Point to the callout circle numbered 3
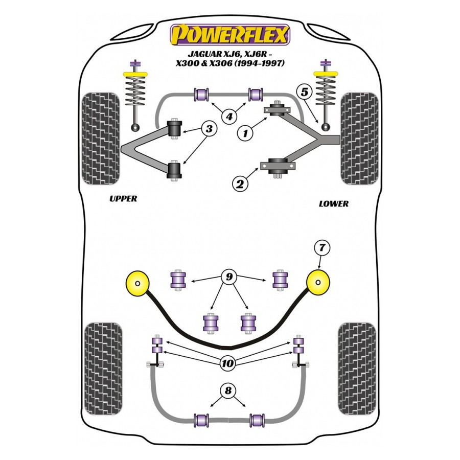(x=209, y=129)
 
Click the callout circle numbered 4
(x=229, y=117)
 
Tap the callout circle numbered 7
(x=322, y=248)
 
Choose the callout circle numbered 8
(x=228, y=392)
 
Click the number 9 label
(x=229, y=278)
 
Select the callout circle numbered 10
(x=228, y=363)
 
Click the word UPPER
(x=123, y=198)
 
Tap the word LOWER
(x=333, y=203)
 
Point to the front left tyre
(x=101, y=138)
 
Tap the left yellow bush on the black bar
(x=138, y=284)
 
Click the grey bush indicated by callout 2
(x=278, y=166)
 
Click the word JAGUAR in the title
(x=201, y=54)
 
